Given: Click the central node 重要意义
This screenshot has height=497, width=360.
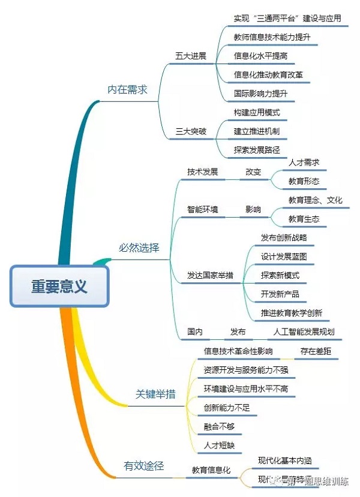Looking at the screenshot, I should tap(59, 286).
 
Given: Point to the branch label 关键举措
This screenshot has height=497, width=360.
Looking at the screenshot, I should tap(155, 394).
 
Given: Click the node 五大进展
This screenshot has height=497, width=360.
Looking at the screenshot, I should tap(191, 56).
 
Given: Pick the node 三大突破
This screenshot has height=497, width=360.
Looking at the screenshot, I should tap(191, 131).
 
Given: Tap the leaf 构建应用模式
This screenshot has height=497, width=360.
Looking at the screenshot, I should tap(257, 112).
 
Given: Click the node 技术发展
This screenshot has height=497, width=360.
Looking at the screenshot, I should tap(202, 171).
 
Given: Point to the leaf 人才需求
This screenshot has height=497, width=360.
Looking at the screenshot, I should tap(304, 162).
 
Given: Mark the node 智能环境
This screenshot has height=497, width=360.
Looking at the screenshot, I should tap(202, 209).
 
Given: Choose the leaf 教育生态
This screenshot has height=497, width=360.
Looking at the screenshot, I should tap(304, 219).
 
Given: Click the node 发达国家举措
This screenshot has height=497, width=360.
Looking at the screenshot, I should tap(210, 275).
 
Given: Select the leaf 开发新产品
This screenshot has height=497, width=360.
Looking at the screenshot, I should tap(280, 294).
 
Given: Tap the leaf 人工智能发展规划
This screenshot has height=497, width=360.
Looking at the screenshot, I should tap(304, 332).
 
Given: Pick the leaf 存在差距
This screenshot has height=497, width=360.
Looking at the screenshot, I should tap(316, 351).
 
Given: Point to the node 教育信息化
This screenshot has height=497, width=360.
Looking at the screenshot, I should tap(211, 470).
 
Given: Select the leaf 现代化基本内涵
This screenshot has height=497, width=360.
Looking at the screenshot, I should tap(284, 460).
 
